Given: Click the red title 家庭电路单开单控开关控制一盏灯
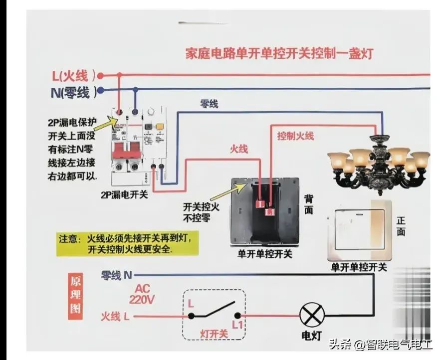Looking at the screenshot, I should (x=279, y=53).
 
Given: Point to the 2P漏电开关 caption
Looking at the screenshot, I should (x=124, y=195).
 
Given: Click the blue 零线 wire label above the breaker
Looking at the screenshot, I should (x=209, y=105).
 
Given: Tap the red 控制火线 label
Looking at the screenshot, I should (x=295, y=136).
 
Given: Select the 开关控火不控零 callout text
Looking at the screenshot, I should (x=201, y=212).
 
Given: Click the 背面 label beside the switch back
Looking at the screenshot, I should (x=309, y=204).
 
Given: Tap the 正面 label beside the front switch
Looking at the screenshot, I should (x=401, y=226).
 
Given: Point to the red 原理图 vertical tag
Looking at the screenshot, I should (x=75, y=295).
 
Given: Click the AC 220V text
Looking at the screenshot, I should (x=142, y=295).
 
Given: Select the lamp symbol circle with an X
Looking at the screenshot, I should (x=311, y=315).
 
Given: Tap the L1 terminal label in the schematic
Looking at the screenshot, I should (x=237, y=325).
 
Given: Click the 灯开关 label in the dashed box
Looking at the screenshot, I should (x=214, y=333).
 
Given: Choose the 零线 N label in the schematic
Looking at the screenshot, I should (x=117, y=275).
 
